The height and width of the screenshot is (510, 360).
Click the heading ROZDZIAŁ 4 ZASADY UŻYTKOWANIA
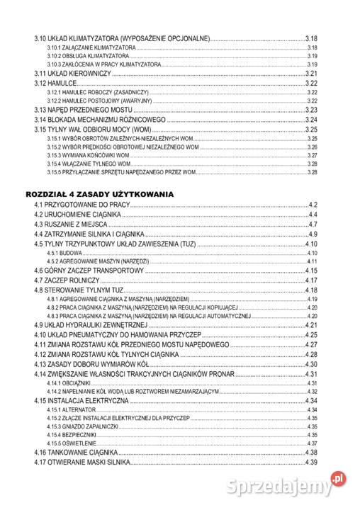(99, 193)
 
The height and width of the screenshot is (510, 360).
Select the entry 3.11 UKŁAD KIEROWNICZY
(73, 74)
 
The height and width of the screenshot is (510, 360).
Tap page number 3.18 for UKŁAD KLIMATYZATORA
(310, 38)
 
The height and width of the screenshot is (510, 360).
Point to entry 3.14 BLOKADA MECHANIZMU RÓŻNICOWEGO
(100, 120)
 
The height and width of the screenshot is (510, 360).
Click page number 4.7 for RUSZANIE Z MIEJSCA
(312, 225)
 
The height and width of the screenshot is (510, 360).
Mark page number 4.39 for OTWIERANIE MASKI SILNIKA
(310, 462)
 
